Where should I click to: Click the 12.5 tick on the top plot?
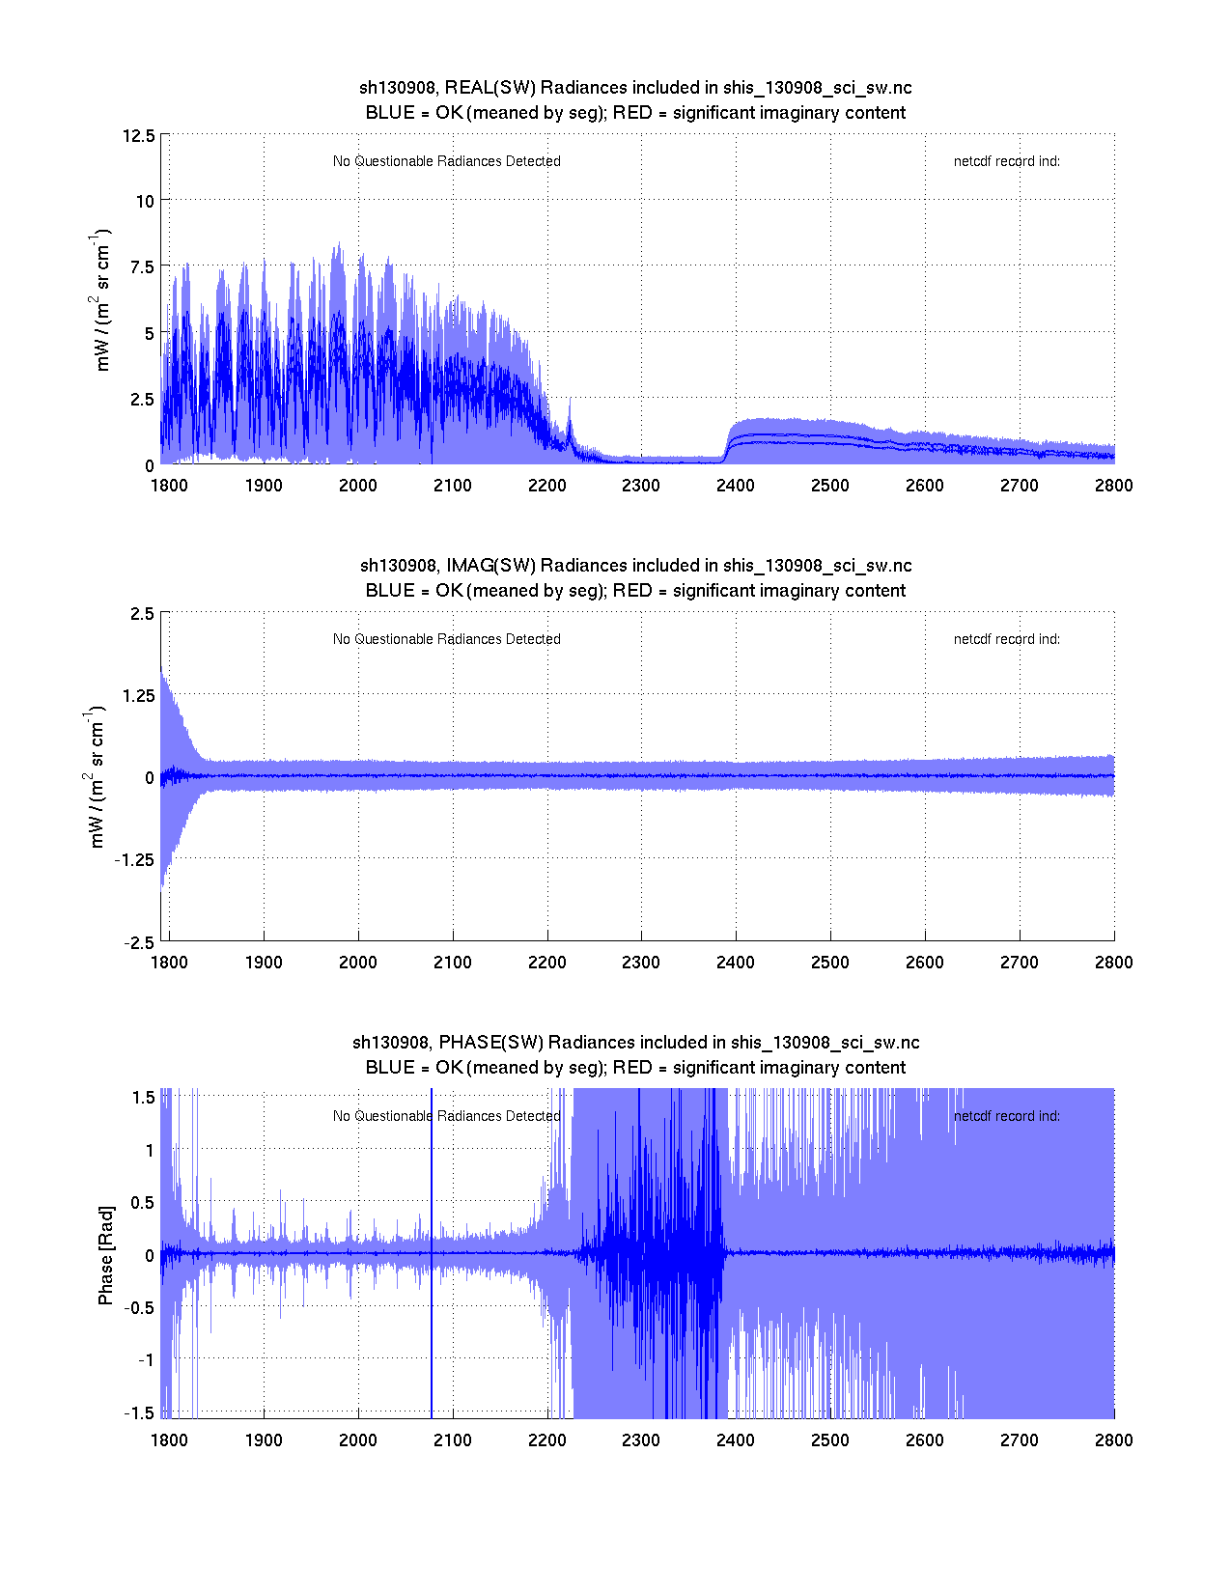pos(138,135)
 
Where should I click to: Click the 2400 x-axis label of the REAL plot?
pos(736,486)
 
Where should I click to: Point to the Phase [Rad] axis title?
pos(105,1254)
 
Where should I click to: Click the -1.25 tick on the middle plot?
pos(133,860)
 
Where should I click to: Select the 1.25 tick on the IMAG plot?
pos(136,696)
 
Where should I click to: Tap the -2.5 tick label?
pos(138,943)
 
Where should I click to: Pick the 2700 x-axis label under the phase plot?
pos(1020,1440)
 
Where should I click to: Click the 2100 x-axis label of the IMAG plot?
pos(452,963)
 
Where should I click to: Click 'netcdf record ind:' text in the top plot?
pos(1006,161)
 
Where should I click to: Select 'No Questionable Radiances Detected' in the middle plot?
pos(446,639)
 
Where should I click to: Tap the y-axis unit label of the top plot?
pos(101,301)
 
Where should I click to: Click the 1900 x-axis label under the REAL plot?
pos(264,486)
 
